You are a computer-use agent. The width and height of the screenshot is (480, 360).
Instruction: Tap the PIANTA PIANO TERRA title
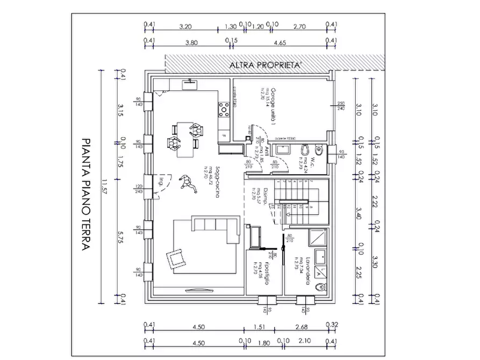(85, 194)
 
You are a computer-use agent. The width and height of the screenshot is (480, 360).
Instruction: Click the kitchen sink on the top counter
(189, 83)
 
